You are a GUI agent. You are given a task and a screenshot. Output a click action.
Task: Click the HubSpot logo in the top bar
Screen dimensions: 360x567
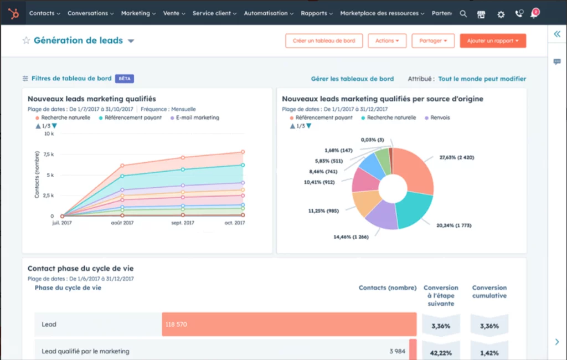13,13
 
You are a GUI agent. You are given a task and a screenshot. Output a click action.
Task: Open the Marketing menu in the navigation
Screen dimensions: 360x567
138,13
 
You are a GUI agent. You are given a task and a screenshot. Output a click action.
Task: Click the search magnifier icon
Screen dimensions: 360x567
463,14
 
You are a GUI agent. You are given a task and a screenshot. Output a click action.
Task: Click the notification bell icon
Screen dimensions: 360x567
534,14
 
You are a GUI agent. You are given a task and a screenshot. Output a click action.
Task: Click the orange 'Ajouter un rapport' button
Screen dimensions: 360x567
493,41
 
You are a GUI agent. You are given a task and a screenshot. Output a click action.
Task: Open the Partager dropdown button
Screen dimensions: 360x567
433,41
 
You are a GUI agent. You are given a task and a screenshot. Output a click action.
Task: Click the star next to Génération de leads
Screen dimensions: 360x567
25,40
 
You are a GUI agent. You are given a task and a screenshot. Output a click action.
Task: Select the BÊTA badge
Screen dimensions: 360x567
125,79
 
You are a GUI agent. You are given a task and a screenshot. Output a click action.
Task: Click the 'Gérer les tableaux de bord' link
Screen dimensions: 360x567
352,79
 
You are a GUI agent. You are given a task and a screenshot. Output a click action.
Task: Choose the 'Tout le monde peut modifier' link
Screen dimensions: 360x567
482,79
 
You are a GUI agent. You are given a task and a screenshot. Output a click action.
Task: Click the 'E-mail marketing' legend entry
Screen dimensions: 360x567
197,118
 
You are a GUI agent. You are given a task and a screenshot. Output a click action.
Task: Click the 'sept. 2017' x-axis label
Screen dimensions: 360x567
182,223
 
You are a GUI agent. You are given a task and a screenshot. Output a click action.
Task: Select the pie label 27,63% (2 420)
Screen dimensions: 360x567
456,158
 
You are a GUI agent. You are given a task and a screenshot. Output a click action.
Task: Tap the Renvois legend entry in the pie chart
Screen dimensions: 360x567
440,118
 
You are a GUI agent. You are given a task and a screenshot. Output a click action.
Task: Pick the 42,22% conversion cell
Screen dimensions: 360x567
441,351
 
